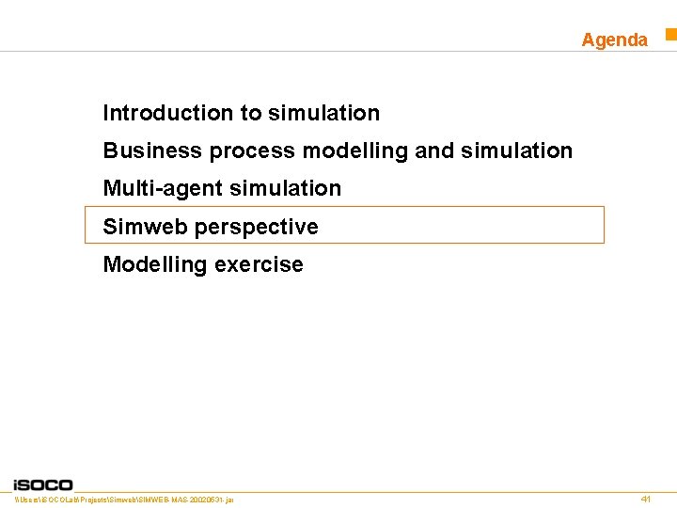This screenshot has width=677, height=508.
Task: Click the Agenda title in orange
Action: [614, 40]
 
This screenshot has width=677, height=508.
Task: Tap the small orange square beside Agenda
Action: [671, 35]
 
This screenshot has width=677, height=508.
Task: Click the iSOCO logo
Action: [43, 484]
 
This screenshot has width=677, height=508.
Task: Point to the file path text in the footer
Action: [124, 500]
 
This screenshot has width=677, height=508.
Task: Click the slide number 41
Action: [645, 499]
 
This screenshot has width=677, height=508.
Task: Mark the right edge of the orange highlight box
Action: [604, 225]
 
